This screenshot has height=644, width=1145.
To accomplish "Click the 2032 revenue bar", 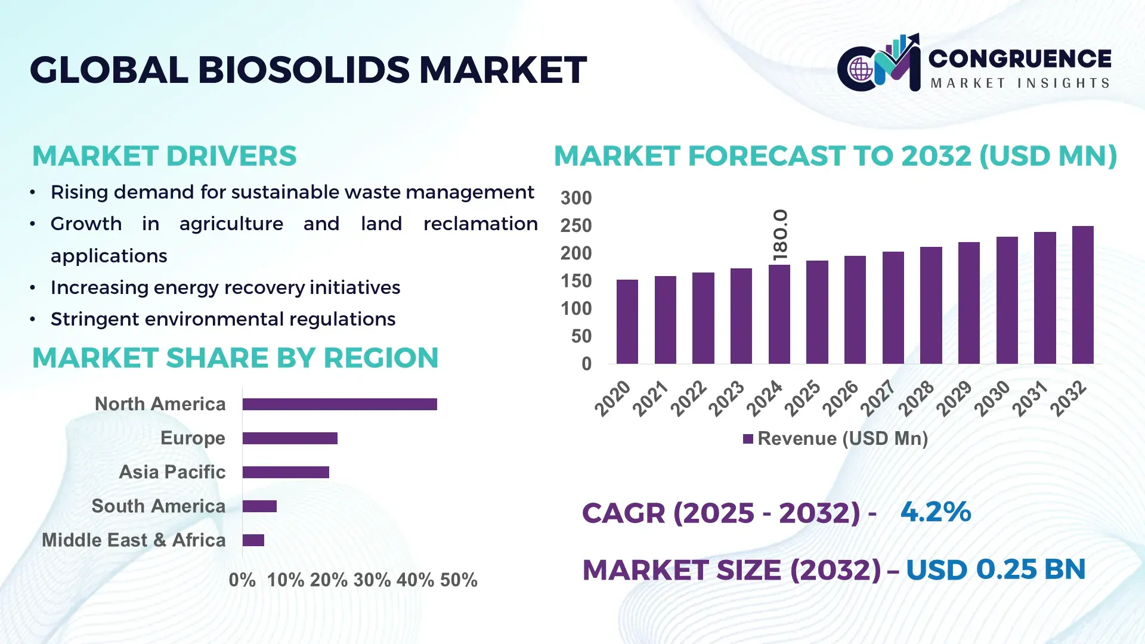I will tap(1082, 295).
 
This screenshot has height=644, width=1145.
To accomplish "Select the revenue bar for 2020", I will tap(627, 321).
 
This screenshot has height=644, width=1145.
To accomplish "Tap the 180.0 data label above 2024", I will tap(780, 235).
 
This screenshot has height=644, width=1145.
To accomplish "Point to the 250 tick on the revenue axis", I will tap(575, 226).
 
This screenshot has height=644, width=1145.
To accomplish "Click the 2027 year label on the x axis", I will tap(878, 398).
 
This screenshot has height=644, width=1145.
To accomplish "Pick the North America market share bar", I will tap(339, 404).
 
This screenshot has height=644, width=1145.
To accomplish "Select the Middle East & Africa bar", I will tap(253, 540).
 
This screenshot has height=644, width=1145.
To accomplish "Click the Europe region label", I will tap(193, 438).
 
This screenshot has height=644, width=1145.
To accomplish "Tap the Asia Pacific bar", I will tap(286, 472).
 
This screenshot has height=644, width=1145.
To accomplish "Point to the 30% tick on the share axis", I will tap(372, 580).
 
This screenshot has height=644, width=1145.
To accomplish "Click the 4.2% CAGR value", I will tap(935, 512).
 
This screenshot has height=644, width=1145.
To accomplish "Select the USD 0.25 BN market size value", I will tap(995, 569).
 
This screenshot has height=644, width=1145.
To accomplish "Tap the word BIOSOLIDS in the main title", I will tap(304, 70).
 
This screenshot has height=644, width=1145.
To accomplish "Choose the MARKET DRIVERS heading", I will tap(164, 156).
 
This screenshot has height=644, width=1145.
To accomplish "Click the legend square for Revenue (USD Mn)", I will tap(748, 439).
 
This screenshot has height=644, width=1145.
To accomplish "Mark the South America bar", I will tap(259, 506).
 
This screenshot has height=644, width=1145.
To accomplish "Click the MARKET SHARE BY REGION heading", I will tap(235, 358).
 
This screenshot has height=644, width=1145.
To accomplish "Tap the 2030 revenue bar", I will tap(1007, 300).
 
